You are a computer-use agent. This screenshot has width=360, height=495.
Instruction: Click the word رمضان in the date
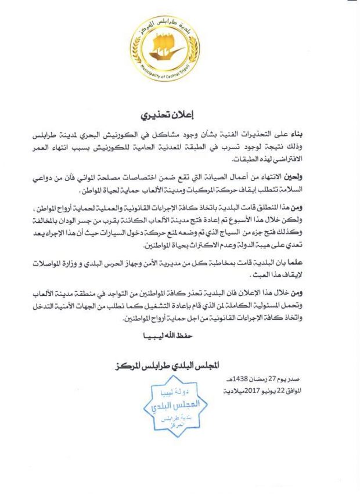point(259,381)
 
